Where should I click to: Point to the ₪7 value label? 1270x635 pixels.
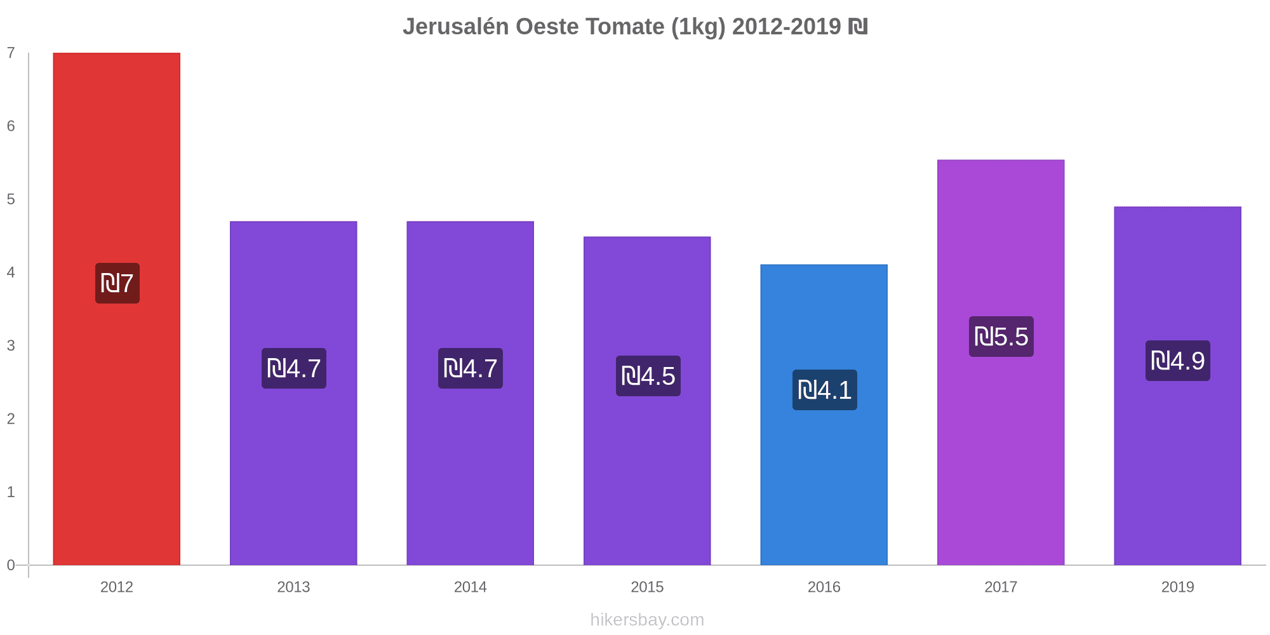click(x=117, y=283)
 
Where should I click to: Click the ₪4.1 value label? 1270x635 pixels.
click(x=824, y=390)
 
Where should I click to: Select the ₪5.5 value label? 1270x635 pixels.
click(x=1001, y=337)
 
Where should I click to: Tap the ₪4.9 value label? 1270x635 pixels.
click(x=1177, y=361)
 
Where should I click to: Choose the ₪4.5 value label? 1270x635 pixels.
click(x=648, y=376)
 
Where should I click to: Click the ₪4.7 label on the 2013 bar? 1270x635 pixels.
click(x=293, y=368)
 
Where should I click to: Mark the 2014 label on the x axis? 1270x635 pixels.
click(x=470, y=587)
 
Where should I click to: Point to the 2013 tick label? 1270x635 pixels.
click(x=293, y=587)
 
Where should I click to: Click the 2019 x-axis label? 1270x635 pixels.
click(x=1177, y=587)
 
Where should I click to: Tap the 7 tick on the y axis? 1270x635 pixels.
click(x=11, y=53)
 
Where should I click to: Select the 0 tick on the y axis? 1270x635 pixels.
click(x=11, y=565)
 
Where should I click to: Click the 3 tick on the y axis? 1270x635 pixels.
click(x=11, y=346)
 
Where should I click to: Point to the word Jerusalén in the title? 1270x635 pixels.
click(x=455, y=27)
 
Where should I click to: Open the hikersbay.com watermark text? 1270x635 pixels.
click(x=647, y=620)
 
